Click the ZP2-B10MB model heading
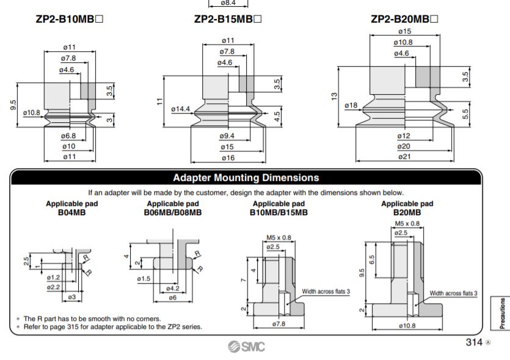tap(69, 19)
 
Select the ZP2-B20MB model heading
tap(404, 19)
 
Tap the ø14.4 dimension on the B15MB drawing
tap(181, 109)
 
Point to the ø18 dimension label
tap(351, 106)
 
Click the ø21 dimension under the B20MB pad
tap(404, 157)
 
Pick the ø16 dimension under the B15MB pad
tap(227, 158)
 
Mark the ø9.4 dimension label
tap(227, 136)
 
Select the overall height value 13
tap(334, 97)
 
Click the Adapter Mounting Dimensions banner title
tap(246, 178)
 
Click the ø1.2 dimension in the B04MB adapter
tap(53, 277)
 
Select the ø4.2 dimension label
tap(172, 288)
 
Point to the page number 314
tap(474, 342)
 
